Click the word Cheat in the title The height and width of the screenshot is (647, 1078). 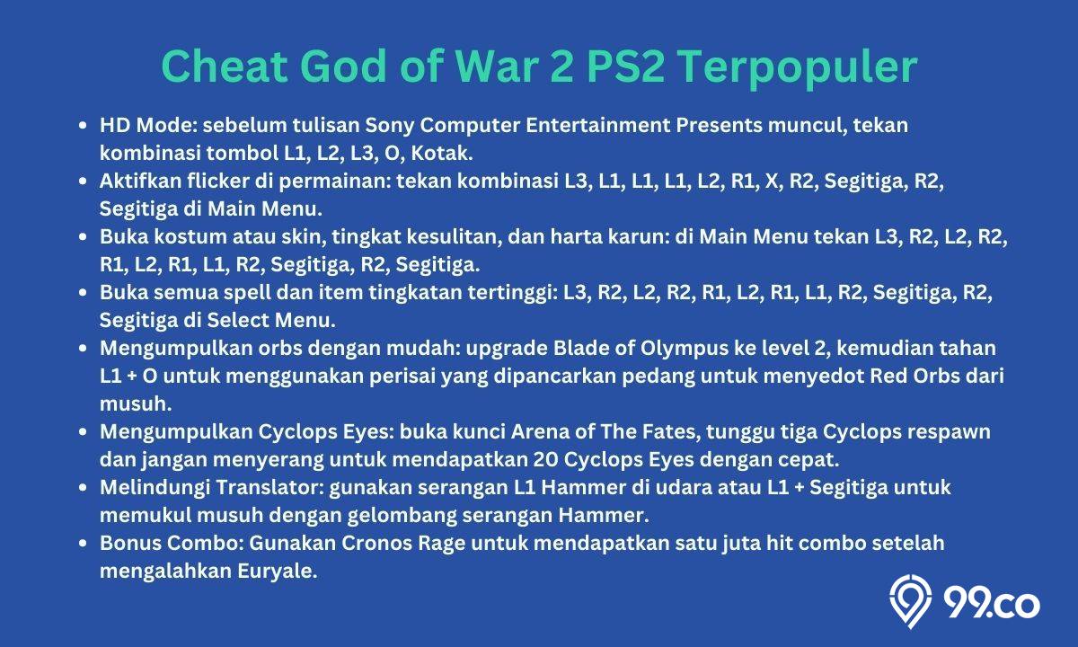225,66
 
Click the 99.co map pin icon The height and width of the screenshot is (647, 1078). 910,601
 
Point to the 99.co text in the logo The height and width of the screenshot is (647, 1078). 992,604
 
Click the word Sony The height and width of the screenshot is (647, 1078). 390,126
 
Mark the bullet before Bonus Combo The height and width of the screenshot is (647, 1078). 83,544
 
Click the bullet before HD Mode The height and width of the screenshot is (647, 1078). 83,126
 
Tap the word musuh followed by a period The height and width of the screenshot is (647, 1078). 136,404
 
